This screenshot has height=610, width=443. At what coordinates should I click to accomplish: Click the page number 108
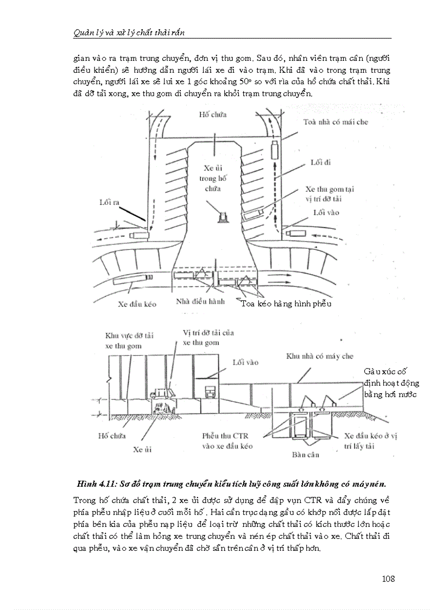point(388,578)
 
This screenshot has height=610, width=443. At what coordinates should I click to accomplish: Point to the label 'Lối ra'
point(108,202)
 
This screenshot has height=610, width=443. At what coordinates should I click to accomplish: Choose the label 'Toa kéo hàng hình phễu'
point(286,303)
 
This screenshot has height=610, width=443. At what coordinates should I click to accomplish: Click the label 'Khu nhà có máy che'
point(320,356)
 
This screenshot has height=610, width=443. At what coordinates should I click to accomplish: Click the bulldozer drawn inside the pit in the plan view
point(222,217)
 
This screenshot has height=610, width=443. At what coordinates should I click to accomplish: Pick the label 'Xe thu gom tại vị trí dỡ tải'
point(330,193)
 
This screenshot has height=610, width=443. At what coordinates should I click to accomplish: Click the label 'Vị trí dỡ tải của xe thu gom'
point(208,337)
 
